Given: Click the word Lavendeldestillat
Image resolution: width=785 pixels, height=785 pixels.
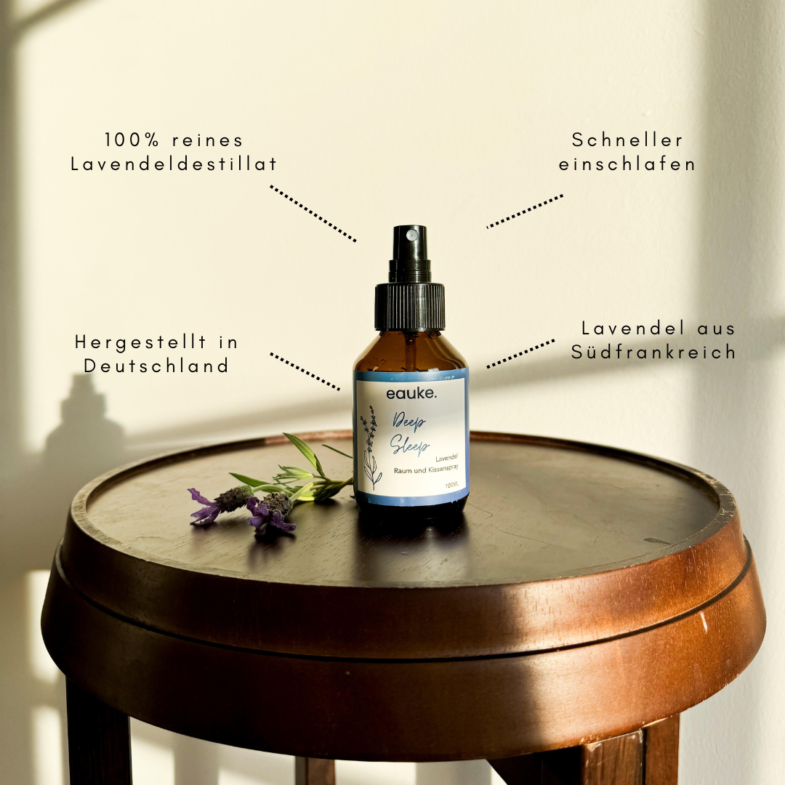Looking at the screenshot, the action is tap(174, 164).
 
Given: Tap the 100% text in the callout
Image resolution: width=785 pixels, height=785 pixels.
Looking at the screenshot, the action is tap(132, 140).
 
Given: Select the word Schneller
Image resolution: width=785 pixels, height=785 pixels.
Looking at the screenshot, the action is tap(627, 140).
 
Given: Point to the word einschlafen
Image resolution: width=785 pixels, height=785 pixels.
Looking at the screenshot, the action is tap(627, 164).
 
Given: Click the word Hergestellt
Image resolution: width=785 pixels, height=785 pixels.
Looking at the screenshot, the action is tap(140, 342).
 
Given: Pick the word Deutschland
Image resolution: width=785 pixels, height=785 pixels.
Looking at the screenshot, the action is tap(156, 366).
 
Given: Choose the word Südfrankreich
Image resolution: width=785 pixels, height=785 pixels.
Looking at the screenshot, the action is tap(653, 352).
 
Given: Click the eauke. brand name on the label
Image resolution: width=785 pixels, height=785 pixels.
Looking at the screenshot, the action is tap(411, 393).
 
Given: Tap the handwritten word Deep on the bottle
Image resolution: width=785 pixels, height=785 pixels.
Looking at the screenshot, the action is tap(409, 422).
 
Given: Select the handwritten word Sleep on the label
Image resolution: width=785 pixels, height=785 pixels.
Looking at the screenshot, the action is tap(409, 445).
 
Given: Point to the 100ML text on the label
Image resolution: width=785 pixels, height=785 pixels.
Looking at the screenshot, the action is tap(451, 485).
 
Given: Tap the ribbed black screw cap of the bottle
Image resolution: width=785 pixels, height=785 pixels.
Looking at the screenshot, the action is tap(410, 307).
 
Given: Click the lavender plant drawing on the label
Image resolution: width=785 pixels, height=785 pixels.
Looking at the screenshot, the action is tap(370, 447).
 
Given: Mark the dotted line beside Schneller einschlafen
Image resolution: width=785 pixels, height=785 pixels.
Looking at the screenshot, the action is tap(525, 212).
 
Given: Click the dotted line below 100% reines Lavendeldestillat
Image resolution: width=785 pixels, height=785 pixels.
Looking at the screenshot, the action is tap(313, 214).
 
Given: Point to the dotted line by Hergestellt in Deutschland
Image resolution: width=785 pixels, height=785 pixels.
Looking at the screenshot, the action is tap(305, 371).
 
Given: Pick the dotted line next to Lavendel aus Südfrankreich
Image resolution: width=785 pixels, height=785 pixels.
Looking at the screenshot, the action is tap(520, 354).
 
